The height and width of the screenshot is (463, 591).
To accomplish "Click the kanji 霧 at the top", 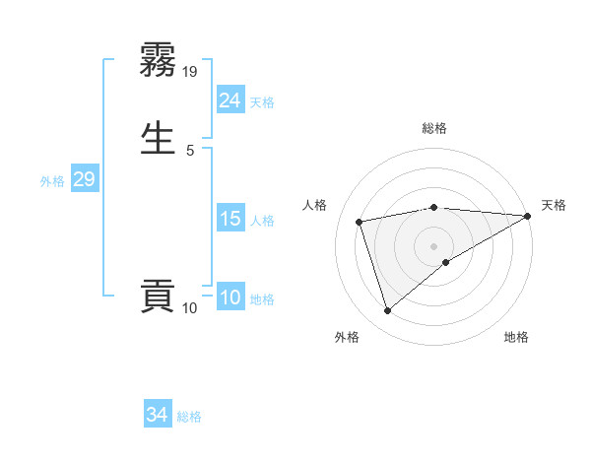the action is click(158, 60).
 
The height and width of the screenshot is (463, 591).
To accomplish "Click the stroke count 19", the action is click(191, 71).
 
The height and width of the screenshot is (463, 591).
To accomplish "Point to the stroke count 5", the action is click(190, 150).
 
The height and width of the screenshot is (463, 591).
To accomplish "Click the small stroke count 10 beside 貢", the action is click(190, 308).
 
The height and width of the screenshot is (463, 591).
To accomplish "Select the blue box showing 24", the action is click(230, 100).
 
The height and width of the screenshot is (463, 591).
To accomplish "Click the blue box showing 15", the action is click(230, 219).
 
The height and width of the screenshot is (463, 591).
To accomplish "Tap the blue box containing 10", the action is click(230, 298).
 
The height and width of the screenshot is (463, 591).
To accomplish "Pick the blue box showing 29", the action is click(84, 179).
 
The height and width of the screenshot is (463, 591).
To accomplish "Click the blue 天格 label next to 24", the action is click(262, 102).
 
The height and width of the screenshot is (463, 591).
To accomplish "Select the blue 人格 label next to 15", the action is click(262, 221).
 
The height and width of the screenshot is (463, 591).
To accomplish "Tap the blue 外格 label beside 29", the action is click(52, 181).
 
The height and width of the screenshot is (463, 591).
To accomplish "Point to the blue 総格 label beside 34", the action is click(189, 417).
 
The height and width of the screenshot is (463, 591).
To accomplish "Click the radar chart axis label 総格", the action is click(434, 128).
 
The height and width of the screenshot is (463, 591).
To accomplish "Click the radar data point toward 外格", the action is click(387, 311).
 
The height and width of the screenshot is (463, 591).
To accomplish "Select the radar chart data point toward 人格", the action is click(360, 221).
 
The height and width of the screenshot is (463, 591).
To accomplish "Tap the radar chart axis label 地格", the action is click(516, 338).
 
